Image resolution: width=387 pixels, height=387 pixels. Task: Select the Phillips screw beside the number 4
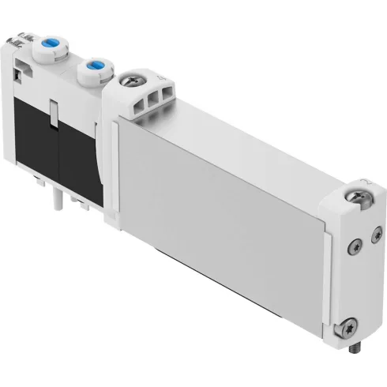point(130,81)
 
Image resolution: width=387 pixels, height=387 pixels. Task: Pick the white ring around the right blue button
point(98,72)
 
